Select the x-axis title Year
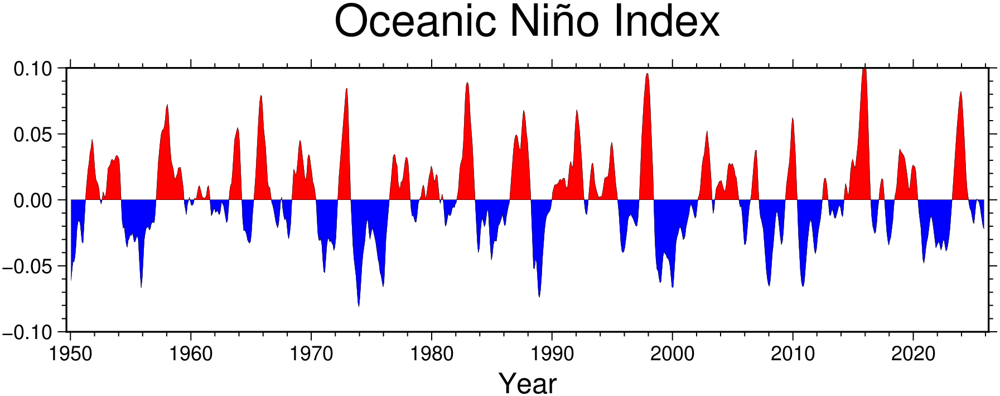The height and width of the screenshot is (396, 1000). (x=528, y=384)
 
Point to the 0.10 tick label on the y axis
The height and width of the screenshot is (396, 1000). (x=33, y=69)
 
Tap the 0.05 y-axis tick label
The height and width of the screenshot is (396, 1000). (x=33, y=135)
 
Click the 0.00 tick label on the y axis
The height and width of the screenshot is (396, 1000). (x=33, y=201)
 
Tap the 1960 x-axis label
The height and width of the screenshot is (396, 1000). (x=191, y=354)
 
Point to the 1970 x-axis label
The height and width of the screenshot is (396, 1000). (x=311, y=354)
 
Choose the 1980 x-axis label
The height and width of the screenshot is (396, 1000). (x=432, y=354)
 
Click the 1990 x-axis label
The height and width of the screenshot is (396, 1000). (x=552, y=354)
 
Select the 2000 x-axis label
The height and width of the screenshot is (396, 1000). (x=673, y=354)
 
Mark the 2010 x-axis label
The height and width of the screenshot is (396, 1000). (x=793, y=354)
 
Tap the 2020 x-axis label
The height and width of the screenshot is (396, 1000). (x=913, y=354)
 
